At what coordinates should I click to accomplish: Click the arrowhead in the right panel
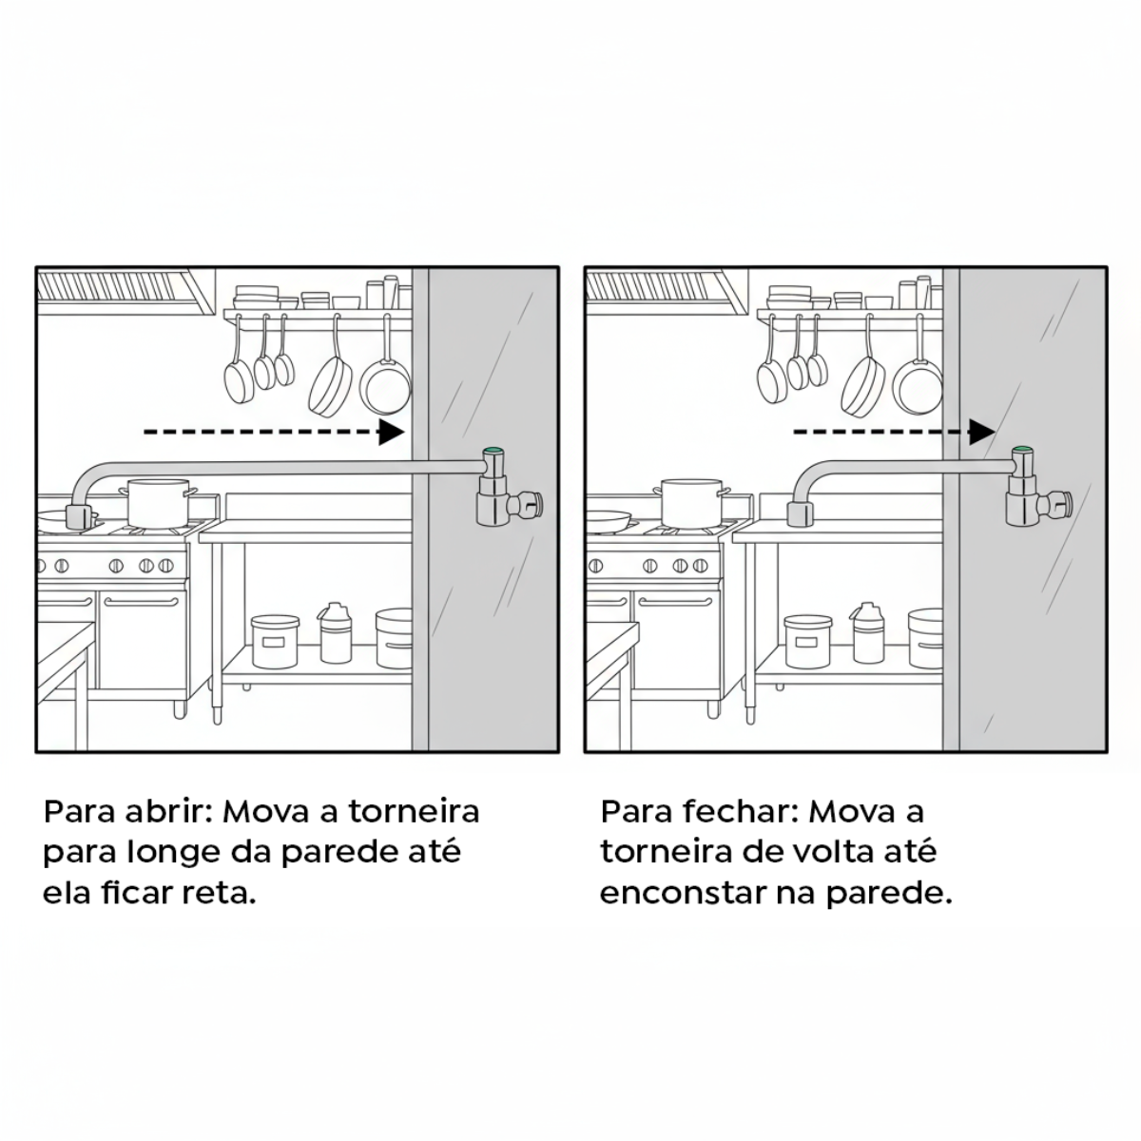981,432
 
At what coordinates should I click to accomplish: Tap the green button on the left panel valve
493,452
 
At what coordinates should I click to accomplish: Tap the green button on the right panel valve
1023,451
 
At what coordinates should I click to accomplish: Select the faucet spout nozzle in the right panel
800,514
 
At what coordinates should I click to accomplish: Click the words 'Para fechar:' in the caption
700,813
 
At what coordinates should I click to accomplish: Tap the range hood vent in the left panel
124,288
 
